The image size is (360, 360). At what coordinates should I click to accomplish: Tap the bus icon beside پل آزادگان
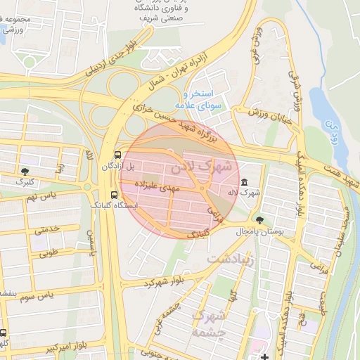click(x=117, y=155)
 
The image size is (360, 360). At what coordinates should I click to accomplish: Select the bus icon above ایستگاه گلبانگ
click(x=114, y=195)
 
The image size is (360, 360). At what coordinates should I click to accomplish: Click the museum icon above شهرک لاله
click(x=244, y=181)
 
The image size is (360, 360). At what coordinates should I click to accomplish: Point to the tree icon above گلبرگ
click(x=26, y=171)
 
